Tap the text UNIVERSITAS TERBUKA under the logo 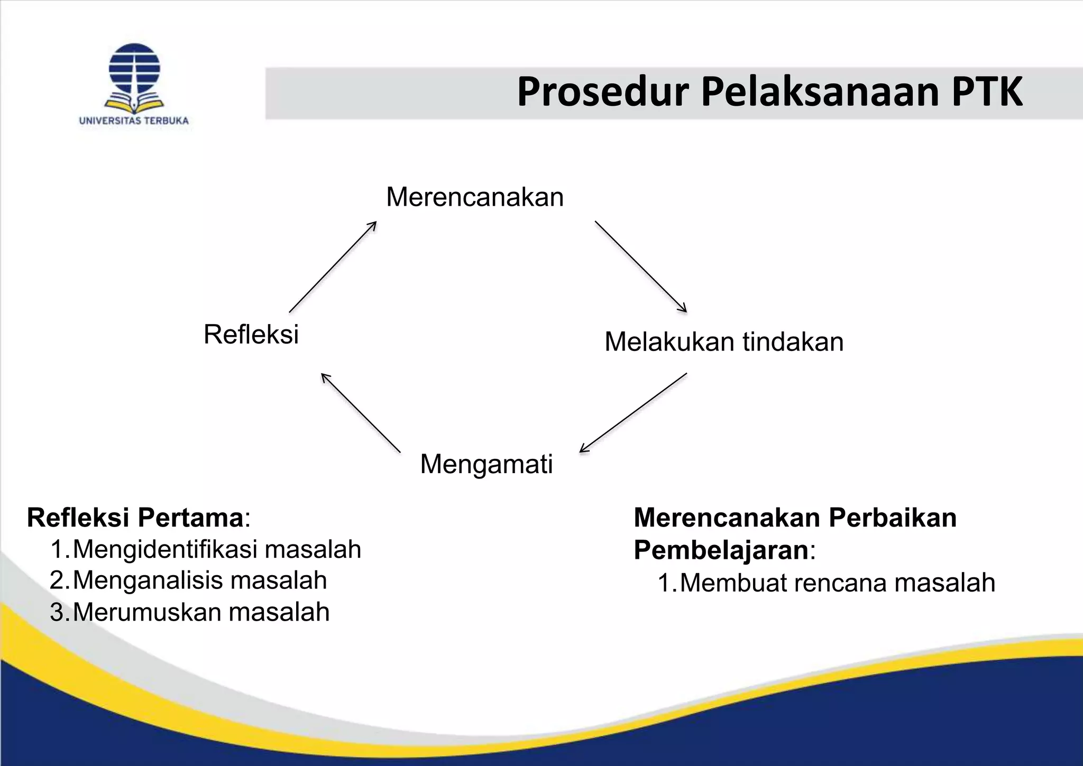134,121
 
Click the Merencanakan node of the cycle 475,197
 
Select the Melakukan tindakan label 723,342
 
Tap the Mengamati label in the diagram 486,464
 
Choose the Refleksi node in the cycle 251,335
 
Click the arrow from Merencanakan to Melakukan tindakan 640,266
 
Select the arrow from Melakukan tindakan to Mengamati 634,412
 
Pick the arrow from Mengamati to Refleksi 361,413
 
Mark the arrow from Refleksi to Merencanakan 333,267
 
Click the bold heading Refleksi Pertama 135,517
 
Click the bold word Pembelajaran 721,550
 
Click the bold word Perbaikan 893,517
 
